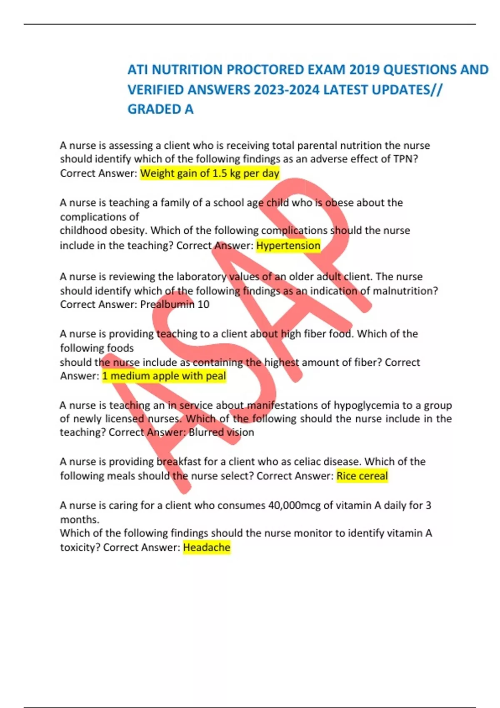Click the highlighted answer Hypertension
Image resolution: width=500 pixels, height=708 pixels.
288,246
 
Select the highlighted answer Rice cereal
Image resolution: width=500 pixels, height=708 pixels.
362,476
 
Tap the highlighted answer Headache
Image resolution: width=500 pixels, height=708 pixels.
207,547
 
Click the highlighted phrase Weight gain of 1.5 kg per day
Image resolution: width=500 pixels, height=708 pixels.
210,173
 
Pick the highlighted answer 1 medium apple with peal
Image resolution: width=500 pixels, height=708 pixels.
164,376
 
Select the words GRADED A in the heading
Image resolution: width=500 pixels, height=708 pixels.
160,109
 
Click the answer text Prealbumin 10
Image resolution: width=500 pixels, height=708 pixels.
175,304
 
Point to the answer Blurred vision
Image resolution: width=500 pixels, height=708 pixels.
221,432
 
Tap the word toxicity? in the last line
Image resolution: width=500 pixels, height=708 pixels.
80,547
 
